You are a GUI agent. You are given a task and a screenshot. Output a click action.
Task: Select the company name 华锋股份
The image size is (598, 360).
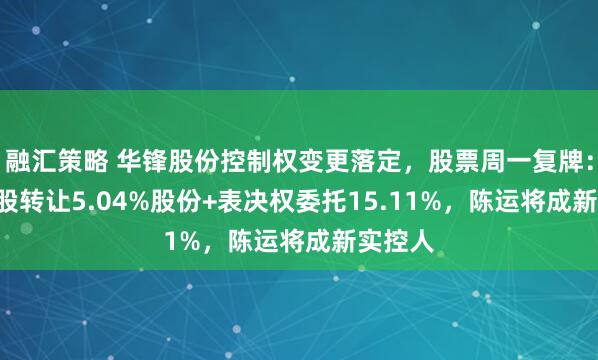[152, 158]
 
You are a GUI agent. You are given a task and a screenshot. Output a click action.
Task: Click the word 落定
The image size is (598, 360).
[351, 158]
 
